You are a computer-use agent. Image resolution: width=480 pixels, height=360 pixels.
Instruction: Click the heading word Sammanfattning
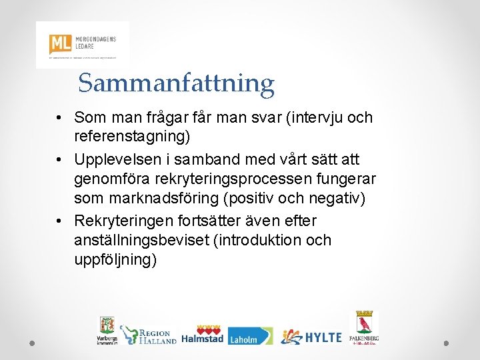tap(176, 83)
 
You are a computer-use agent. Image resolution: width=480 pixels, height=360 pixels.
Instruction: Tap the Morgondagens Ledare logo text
tap(97, 42)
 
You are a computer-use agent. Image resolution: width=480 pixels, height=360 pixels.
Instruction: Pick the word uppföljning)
tap(115, 259)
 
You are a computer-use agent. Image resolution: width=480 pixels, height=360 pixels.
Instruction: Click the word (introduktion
tap(259, 240)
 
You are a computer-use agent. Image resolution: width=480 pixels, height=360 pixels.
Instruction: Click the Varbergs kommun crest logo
tap(106, 330)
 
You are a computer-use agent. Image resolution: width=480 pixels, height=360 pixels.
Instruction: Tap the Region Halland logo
tap(148, 335)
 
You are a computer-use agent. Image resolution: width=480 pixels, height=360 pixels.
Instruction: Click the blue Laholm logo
tap(250, 336)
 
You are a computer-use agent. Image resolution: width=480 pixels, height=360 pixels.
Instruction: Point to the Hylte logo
tap(311, 337)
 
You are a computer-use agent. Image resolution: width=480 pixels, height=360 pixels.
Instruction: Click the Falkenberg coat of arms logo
tap(364, 327)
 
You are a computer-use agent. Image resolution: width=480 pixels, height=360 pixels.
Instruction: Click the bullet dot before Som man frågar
tap(60, 119)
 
